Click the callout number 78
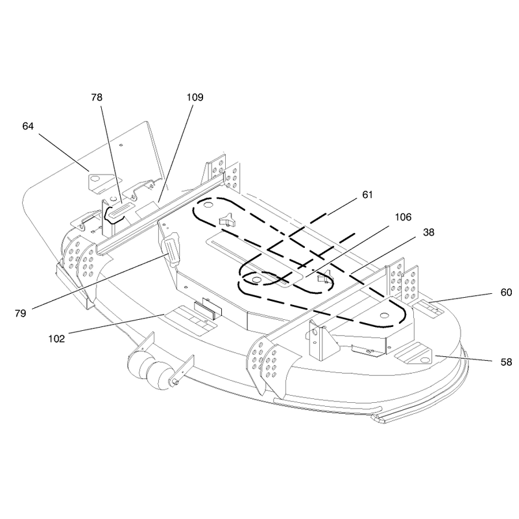pos(97,97)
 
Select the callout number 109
pos(195,97)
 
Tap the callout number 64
pos(28,126)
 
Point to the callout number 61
pos(367,195)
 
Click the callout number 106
pos(403,217)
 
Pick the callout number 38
pos(428,232)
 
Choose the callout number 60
pos(506,293)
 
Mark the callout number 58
pos(506,362)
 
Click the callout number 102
pos(56,339)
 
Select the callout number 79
pos(20,313)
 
